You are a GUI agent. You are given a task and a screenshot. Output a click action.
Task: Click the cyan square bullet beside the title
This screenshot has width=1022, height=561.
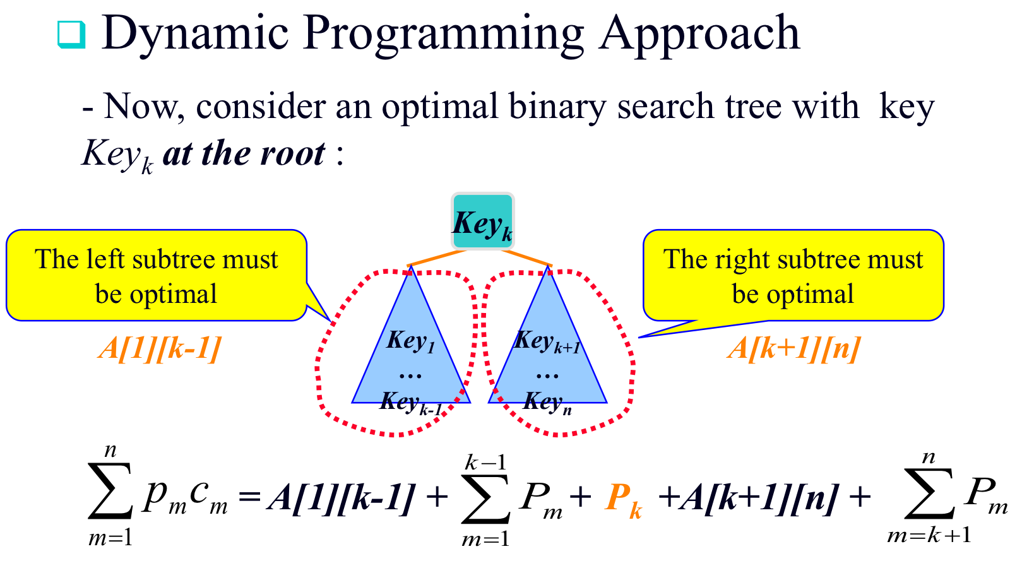pyautogui.click(x=71, y=35)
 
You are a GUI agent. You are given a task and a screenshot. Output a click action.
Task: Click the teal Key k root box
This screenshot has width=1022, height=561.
pyautogui.click(x=483, y=222)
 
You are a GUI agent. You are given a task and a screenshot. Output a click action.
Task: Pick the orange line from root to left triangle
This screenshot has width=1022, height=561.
pyautogui.click(x=436, y=257)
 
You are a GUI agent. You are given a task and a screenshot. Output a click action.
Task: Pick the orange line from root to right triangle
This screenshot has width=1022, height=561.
pyautogui.click(x=526, y=257)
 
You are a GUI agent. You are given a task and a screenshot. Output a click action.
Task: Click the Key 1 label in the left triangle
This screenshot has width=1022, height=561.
pyautogui.click(x=411, y=341)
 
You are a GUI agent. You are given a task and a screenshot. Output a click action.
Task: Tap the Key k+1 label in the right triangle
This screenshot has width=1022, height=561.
pyautogui.click(x=547, y=341)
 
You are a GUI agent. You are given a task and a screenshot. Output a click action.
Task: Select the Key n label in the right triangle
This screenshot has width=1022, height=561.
pyautogui.click(x=547, y=402)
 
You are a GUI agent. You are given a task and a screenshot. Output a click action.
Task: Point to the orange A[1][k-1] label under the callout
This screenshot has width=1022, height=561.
pyautogui.click(x=160, y=348)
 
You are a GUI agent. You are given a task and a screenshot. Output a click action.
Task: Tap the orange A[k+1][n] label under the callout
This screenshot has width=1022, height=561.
pyautogui.click(x=794, y=348)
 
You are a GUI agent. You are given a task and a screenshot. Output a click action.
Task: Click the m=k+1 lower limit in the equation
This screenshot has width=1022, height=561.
pyautogui.click(x=929, y=536)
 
